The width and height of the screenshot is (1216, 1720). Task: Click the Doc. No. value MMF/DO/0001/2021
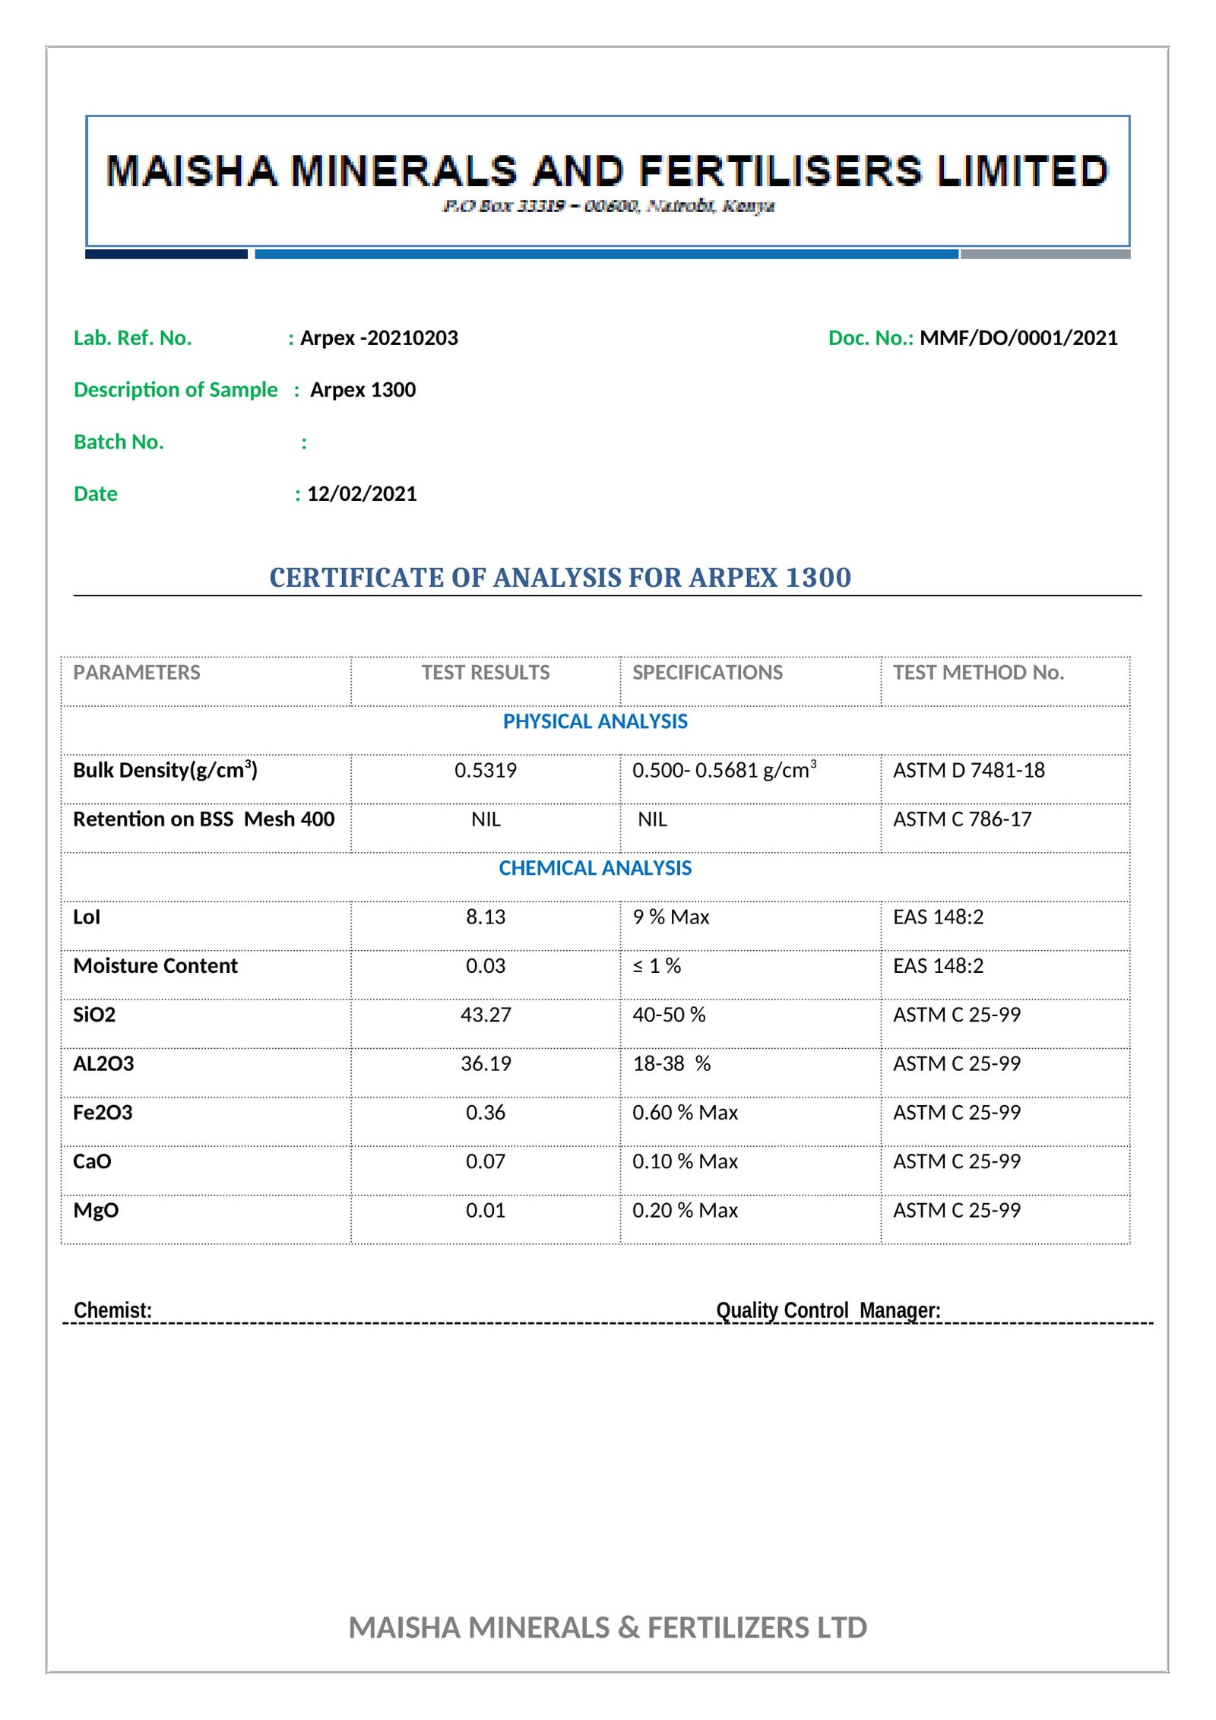tap(1018, 338)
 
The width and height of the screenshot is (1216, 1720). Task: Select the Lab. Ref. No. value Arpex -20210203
tap(378, 338)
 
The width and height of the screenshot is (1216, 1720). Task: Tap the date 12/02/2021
tap(362, 494)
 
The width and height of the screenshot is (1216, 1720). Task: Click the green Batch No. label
tap(119, 442)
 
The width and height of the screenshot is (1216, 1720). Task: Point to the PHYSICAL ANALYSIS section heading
tap(595, 721)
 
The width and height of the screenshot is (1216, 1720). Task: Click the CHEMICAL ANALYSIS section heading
tap(595, 868)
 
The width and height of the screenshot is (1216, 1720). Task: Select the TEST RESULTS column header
tap(486, 673)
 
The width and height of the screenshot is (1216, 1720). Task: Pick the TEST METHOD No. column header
tap(978, 673)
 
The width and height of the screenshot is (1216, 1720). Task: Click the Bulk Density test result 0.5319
tap(486, 771)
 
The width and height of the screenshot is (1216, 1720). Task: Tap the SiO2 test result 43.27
tap(486, 1015)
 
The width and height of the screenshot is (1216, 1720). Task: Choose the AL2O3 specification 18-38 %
tap(671, 1064)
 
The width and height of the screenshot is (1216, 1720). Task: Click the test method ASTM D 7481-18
tap(968, 771)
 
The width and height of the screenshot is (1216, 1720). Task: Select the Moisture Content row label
tap(155, 966)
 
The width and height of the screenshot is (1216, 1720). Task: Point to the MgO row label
tap(96, 1211)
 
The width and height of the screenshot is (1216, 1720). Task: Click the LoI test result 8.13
tap(486, 917)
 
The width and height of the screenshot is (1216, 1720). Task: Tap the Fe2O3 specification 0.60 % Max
tap(685, 1113)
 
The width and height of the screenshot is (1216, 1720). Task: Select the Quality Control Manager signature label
tap(828, 1310)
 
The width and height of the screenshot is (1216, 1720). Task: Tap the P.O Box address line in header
tap(608, 206)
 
